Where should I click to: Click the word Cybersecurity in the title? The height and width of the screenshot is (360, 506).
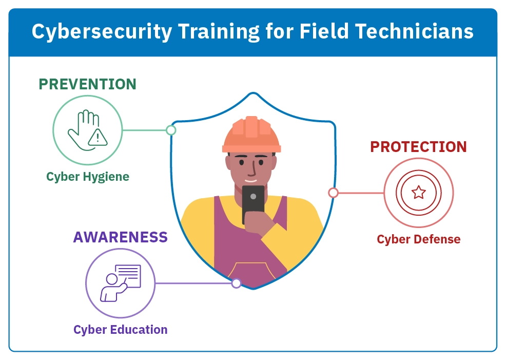pyautogui.click(x=102, y=32)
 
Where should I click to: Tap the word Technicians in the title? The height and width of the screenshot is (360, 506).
pyautogui.click(x=414, y=31)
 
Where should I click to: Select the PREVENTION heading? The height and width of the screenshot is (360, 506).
pyautogui.click(x=87, y=84)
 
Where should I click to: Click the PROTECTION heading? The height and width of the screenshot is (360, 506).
pyautogui.click(x=419, y=147)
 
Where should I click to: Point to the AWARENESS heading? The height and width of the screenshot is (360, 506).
pyautogui.click(x=121, y=237)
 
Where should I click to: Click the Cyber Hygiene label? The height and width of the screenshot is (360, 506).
pyautogui.click(x=88, y=177)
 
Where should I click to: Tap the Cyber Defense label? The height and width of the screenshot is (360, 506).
pyautogui.click(x=419, y=239)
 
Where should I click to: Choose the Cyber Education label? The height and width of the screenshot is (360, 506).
pyautogui.click(x=121, y=330)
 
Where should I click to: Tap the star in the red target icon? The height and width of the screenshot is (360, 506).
pyautogui.click(x=419, y=193)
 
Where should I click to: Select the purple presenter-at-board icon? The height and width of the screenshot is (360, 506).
pyautogui.click(x=121, y=283)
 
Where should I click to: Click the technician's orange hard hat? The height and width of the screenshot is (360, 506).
pyautogui.click(x=251, y=135)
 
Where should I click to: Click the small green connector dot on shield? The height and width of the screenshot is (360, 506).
pyautogui.click(x=171, y=130)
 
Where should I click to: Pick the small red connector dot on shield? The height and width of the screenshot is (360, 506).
pyautogui.click(x=334, y=193)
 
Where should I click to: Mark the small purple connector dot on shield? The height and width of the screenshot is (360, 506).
pyautogui.click(x=236, y=283)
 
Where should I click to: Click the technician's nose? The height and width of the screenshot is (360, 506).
pyautogui.click(x=254, y=168)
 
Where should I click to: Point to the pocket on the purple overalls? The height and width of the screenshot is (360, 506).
pyautogui.click(x=251, y=271)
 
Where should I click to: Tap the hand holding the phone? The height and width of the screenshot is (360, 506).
pyautogui.click(x=257, y=223)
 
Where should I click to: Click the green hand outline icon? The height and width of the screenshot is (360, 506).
pyautogui.click(x=82, y=130)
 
